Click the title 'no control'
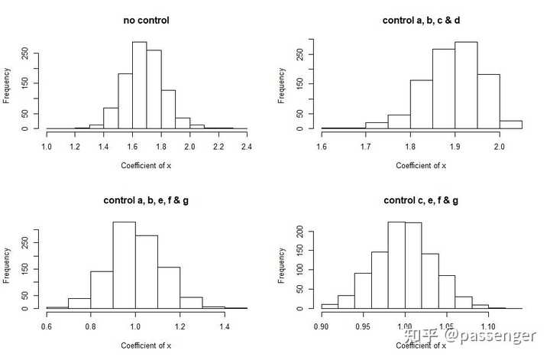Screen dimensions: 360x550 [146, 20]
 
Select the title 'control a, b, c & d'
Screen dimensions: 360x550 [421, 20]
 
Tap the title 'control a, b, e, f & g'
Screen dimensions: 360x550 [146, 200]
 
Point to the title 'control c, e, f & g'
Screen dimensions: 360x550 [421, 200]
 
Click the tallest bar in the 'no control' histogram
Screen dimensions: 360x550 [139, 85]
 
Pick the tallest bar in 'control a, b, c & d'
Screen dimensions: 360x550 [466, 85]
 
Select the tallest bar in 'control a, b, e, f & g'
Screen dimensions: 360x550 [124, 264]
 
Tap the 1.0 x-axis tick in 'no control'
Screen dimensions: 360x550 [47, 144]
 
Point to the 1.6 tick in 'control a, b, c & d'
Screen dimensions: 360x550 [322, 144]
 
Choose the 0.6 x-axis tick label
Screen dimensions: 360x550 [47, 325]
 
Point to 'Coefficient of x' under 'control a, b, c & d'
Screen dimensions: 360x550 [421, 166]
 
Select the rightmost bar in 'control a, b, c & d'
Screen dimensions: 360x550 [511, 125]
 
